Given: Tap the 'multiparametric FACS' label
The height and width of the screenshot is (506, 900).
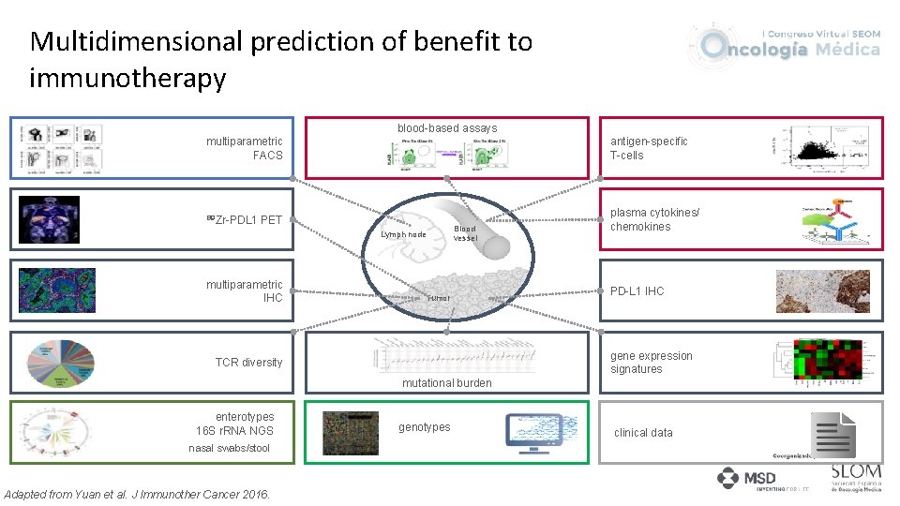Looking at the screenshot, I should point(245,148).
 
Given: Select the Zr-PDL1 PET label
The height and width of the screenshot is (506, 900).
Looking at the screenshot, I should point(245,220).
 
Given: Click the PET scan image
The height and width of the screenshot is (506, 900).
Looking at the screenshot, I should point(50,220).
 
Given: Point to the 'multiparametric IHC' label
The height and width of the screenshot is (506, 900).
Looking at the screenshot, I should point(245,291).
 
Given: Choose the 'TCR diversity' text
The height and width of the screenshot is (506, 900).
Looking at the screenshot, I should point(248,363).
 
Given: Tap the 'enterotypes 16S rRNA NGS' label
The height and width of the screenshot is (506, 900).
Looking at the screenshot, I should point(245,424).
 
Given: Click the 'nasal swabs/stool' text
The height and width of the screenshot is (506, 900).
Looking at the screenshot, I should point(229,448).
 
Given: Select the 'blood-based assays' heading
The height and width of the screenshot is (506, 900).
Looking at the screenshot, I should point(447,128).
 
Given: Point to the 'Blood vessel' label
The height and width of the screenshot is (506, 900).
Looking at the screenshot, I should point(465,233).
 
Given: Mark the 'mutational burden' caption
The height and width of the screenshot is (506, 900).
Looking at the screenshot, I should point(446,383).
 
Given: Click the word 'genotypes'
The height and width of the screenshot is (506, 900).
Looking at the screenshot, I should point(424,427).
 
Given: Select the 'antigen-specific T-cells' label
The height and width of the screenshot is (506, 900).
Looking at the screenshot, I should point(649,148).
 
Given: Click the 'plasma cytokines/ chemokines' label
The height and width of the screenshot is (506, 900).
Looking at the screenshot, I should point(654,219).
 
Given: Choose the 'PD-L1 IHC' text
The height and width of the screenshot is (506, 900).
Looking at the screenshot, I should point(637,291).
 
